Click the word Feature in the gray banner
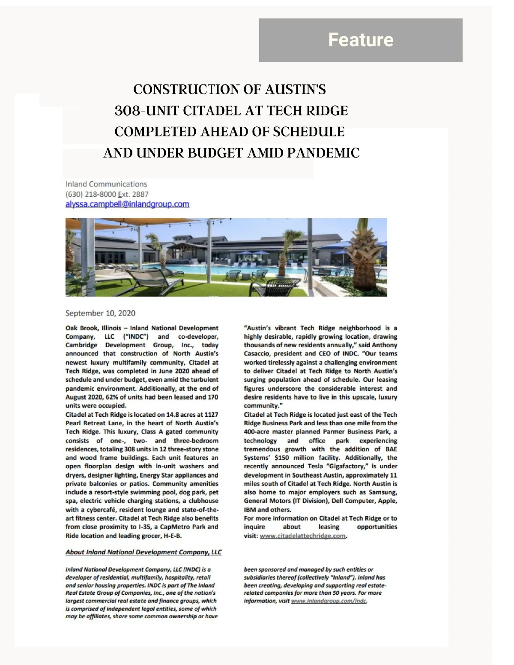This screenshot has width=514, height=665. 361,40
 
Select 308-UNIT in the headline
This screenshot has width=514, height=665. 146,111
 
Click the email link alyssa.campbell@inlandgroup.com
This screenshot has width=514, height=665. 127,204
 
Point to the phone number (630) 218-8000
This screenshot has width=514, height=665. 90,194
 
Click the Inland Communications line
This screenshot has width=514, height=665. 106,184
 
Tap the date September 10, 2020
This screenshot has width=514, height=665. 100,313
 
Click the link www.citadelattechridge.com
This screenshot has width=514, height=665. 302,536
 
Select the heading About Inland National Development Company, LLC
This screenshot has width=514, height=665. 143,552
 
